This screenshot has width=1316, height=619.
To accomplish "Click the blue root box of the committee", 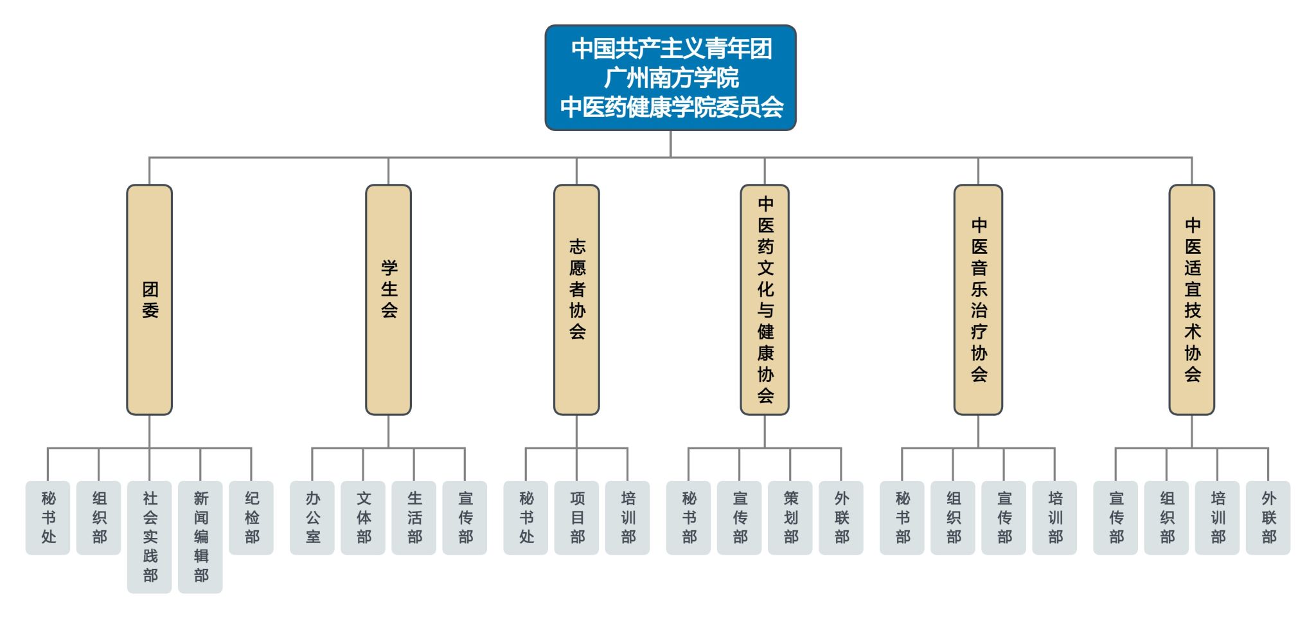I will pos(670,78).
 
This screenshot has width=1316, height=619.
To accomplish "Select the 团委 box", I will pos(149,300).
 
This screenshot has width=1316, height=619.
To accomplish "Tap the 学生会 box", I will pos(388,300).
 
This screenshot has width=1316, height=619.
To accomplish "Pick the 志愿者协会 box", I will pos(576,300).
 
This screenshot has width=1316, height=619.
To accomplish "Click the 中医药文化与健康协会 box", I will pos(765,300).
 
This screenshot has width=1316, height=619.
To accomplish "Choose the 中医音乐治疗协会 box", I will pos(978,300).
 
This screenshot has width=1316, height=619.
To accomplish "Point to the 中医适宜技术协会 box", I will pos(1192,300).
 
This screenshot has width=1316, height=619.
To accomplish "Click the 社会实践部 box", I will pos(149,537).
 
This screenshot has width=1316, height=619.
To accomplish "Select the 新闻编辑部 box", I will pos(200,537).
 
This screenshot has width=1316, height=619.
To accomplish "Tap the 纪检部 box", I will pos(251,517).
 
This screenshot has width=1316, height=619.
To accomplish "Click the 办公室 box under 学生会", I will pos(312,517).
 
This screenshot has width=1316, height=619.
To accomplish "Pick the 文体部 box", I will pos(363,517).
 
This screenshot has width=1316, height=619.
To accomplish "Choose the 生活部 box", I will pos(414,517).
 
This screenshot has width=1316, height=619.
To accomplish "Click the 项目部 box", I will pos(576,517).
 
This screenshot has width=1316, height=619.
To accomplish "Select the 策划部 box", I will pos(790,517).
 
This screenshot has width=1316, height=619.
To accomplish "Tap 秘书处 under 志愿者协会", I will pos(526,517).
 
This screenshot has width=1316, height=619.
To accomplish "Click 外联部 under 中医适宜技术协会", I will pos(1268,517).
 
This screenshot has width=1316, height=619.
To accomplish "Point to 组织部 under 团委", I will pos(98,517).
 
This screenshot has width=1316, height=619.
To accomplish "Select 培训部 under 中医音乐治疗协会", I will pos(1054,517).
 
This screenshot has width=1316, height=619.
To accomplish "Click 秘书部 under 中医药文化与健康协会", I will pos(688,517).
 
